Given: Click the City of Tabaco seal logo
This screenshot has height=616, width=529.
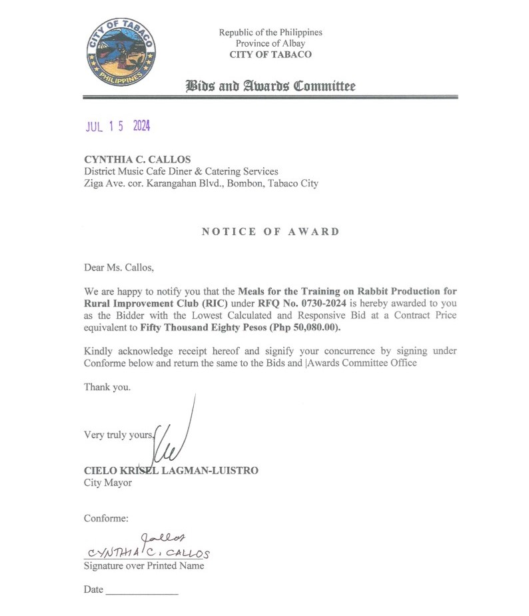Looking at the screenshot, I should (x=121, y=51).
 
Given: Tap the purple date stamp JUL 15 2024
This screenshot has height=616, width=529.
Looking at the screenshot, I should (x=117, y=127).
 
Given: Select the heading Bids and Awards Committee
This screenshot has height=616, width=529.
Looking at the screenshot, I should (x=270, y=86).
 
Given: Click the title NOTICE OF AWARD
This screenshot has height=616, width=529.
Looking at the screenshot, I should (x=270, y=232).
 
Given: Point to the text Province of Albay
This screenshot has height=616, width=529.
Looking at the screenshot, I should (x=270, y=43).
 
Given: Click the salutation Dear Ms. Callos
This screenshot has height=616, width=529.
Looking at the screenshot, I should (x=119, y=268).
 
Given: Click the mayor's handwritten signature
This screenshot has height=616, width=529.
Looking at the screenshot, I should (x=175, y=436).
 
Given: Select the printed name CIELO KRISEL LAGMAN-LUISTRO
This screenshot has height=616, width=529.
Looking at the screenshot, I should (x=171, y=470).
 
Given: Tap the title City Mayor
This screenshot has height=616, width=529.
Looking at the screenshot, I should (x=108, y=482).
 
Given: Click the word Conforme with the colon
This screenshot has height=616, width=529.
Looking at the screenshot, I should (x=107, y=517).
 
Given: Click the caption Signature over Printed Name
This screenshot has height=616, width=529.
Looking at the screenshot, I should (x=144, y=566).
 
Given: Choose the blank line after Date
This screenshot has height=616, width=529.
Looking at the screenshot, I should (x=142, y=591).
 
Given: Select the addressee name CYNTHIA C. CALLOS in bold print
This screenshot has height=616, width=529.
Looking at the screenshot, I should (x=137, y=159).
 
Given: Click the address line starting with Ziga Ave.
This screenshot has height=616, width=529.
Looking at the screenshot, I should (x=201, y=183).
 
